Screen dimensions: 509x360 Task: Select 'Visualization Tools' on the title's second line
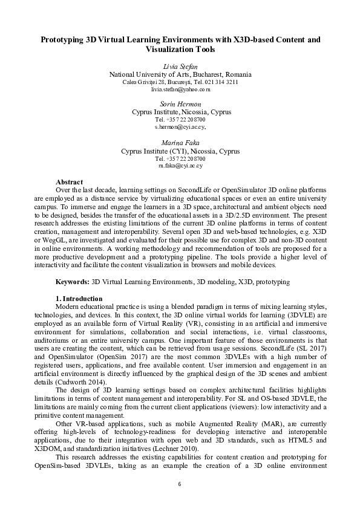[x=180, y=50]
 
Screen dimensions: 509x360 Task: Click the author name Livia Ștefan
[x=180, y=66]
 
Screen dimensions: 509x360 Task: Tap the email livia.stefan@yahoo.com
[x=180, y=89]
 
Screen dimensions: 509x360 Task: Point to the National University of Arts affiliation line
[x=180, y=74]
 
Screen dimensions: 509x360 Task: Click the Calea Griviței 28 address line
[x=180, y=82]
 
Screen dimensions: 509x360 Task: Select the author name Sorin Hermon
[x=180, y=104]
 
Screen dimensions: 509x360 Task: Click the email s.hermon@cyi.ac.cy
[x=180, y=127]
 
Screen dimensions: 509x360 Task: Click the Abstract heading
[x=70, y=181]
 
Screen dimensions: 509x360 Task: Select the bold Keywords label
[x=72, y=282]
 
